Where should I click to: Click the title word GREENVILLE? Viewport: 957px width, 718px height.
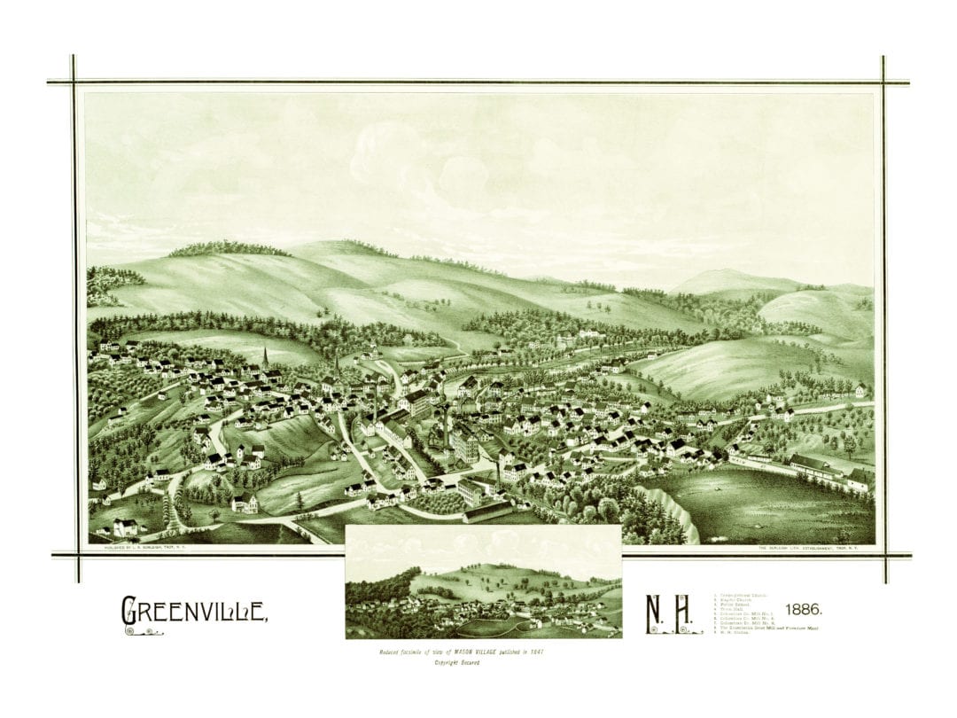[193, 610]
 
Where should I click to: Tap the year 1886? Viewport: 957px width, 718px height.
[803, 610]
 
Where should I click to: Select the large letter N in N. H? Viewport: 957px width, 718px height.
[654, 613]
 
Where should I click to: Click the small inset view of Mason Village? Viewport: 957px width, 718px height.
[483, 581]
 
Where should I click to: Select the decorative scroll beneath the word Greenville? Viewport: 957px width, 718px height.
[143, 631]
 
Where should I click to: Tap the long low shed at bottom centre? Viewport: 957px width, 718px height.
[487, 511]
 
